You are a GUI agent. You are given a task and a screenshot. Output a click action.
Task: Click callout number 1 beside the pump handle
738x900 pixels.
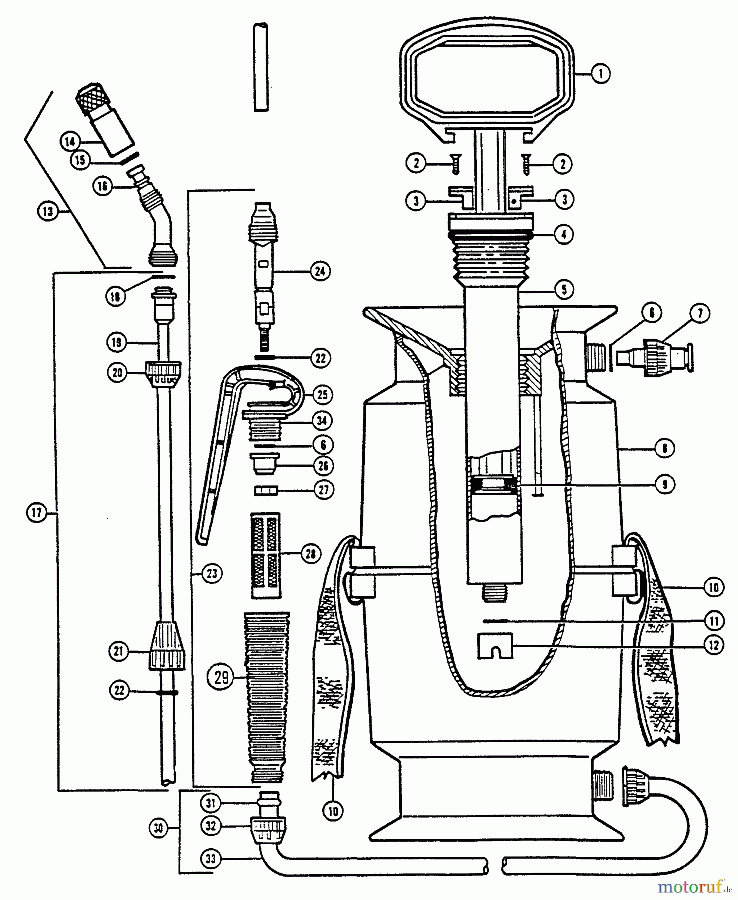pyautogui.click(x=600, y=74)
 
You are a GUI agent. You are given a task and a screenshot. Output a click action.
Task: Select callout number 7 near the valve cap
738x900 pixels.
pyautogui.click(x=700, y=313)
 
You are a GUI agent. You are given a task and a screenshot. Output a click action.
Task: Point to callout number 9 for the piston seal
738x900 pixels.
pyautogui.click(x=665, y=484)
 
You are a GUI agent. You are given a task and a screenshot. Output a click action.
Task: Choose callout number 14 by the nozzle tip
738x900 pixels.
pyautogui.click(x=70, y=142)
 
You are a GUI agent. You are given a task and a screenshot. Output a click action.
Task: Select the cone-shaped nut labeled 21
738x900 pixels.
pyautogui.click(x=167, y=646)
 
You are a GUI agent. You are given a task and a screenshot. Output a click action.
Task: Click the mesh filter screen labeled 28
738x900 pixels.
pyautogui.click(x=265, y=555)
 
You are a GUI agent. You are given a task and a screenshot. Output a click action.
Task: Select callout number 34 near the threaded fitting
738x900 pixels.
pyautogui.click(x=322, y=421)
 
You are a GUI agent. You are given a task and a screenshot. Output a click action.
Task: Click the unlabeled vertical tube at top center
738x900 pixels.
pyautogui.click(x=260, y=67)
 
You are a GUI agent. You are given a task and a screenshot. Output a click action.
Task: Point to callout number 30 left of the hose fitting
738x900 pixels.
pyautogui.click(x=158, y=829)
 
